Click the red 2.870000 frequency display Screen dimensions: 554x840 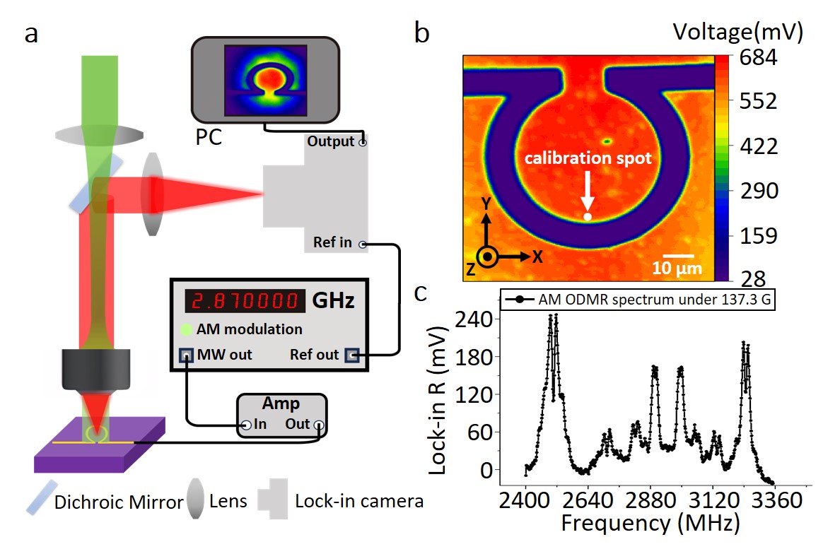[245, 301]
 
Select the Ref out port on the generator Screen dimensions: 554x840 [351, 355]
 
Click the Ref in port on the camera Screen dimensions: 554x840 [363, 244]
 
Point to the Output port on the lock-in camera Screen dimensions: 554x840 [363, 143]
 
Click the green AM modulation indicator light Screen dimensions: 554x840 [186, 329]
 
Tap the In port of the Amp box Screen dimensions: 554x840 [247, 425]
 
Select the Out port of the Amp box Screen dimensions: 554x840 [320, 425]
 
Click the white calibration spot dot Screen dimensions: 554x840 [587, 217]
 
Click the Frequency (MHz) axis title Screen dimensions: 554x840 [650, 524]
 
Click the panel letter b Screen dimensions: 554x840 [421, 33]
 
